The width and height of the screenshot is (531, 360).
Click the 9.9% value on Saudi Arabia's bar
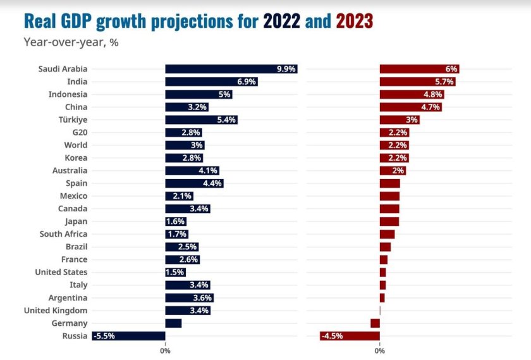[286, 69]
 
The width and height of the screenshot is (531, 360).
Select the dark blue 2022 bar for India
[211, 82]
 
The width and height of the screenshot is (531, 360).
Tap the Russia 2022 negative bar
[128, 336]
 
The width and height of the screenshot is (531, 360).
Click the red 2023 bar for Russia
[350, 336]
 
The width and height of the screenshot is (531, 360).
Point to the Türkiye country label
[72, 120]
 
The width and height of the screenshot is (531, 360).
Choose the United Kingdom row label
[56, 311]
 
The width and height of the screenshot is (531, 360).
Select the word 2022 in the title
[281, 22]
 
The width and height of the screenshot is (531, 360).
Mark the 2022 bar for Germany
[173, 323]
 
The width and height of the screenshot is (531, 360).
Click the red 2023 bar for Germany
[375, 323]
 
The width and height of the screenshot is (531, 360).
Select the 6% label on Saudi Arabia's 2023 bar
[451, 69]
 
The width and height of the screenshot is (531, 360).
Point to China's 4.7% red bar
[410, 107]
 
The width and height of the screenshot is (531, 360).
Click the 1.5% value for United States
[175, 272]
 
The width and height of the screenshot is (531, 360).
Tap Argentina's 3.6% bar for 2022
[189, 298]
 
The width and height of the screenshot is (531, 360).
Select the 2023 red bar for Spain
[389, 183]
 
